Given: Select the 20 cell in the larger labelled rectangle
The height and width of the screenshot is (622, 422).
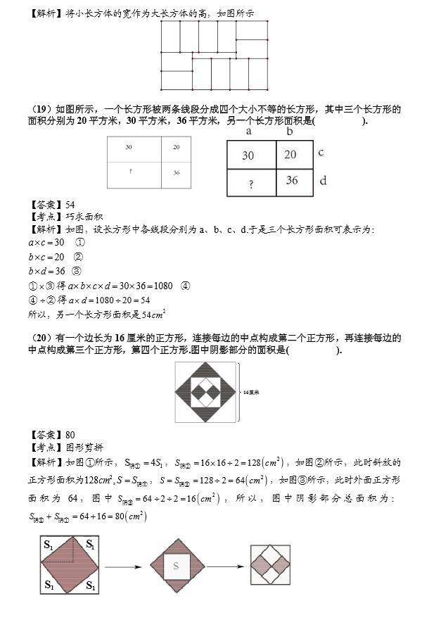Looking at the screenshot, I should [x=290, y=155].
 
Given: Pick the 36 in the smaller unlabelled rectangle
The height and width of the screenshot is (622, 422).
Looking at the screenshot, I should [x=176, y=172].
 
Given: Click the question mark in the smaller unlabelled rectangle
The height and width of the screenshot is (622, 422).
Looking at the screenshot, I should [x=131, y=172].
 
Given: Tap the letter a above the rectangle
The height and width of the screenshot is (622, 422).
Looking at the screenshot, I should [x=249, y=132].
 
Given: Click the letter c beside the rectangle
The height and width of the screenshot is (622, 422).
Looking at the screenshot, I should [x=321, y=152].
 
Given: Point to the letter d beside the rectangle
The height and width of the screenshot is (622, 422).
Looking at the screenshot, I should [x=323, y=181].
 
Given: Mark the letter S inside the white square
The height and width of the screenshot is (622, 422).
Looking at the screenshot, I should [x=177, y=565].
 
